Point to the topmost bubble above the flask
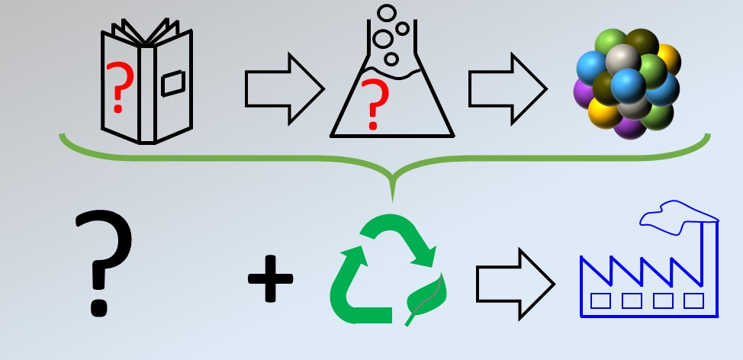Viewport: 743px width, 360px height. tap(388, 13)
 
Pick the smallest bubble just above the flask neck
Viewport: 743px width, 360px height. tap(392, 58)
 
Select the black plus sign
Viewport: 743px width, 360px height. tap(270, 278)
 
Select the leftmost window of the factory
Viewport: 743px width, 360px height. tap(601, 301)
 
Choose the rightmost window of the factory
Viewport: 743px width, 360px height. tap(693, 301)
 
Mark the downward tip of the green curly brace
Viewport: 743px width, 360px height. tap(392, 198)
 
